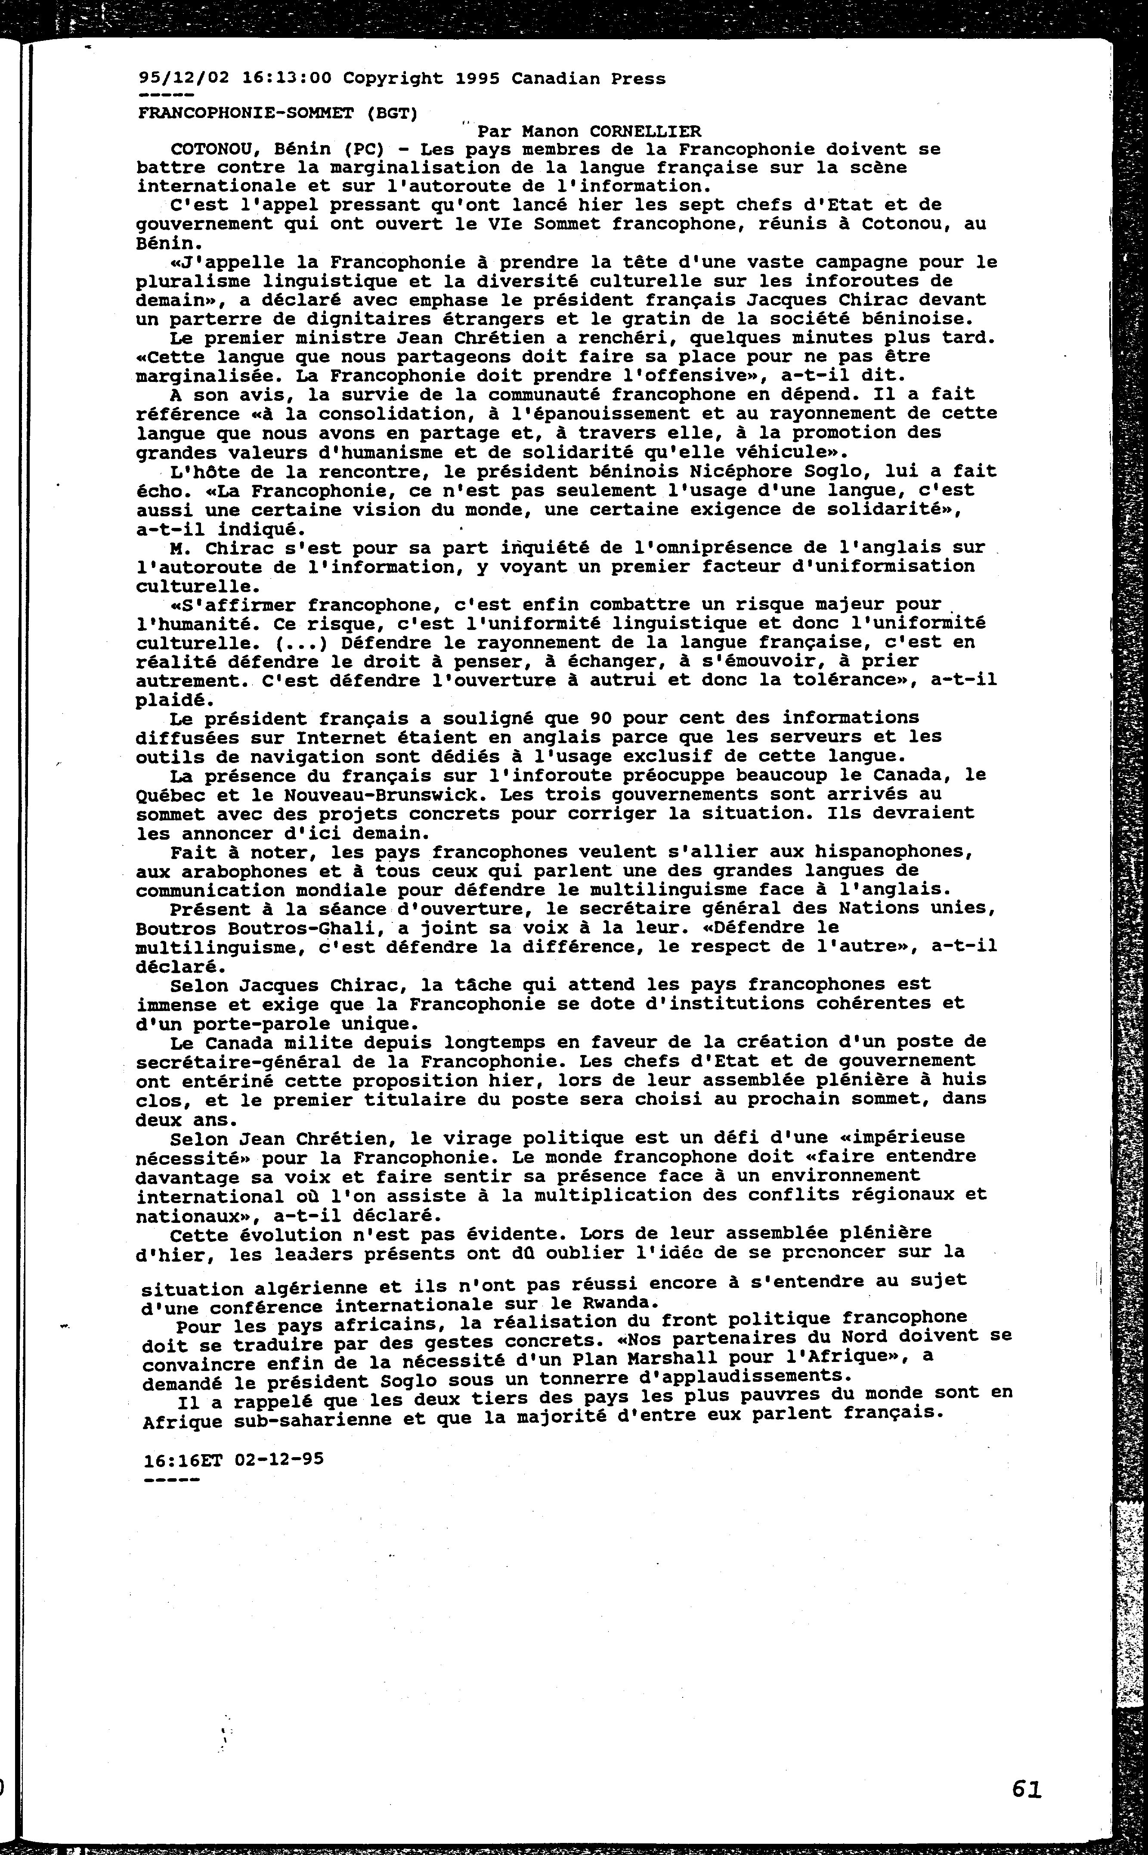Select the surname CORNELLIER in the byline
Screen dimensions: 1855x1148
click(x=645, y=131)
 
